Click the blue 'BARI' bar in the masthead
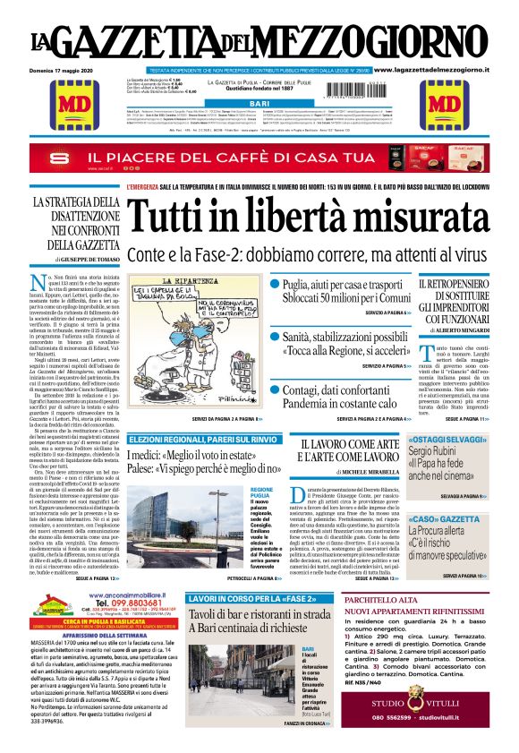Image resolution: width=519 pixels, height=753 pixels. click(x=259, y=105)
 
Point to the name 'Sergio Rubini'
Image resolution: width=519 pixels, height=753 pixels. click(x=433, y=453)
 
